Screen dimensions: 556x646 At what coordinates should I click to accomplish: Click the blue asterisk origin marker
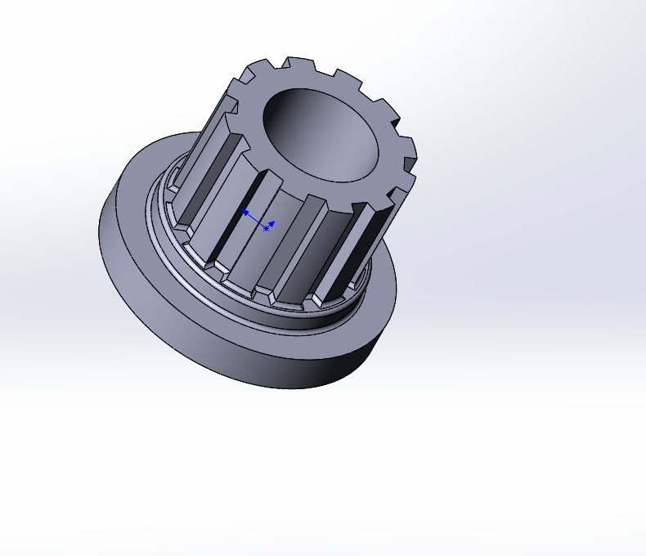pyautogui.click(x=266, y=229)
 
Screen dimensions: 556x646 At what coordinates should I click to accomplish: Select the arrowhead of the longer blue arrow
pyautogui.click(x=243, y=212)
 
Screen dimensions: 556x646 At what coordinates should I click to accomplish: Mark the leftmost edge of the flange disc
pyautogui.click(x=101, y=225)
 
